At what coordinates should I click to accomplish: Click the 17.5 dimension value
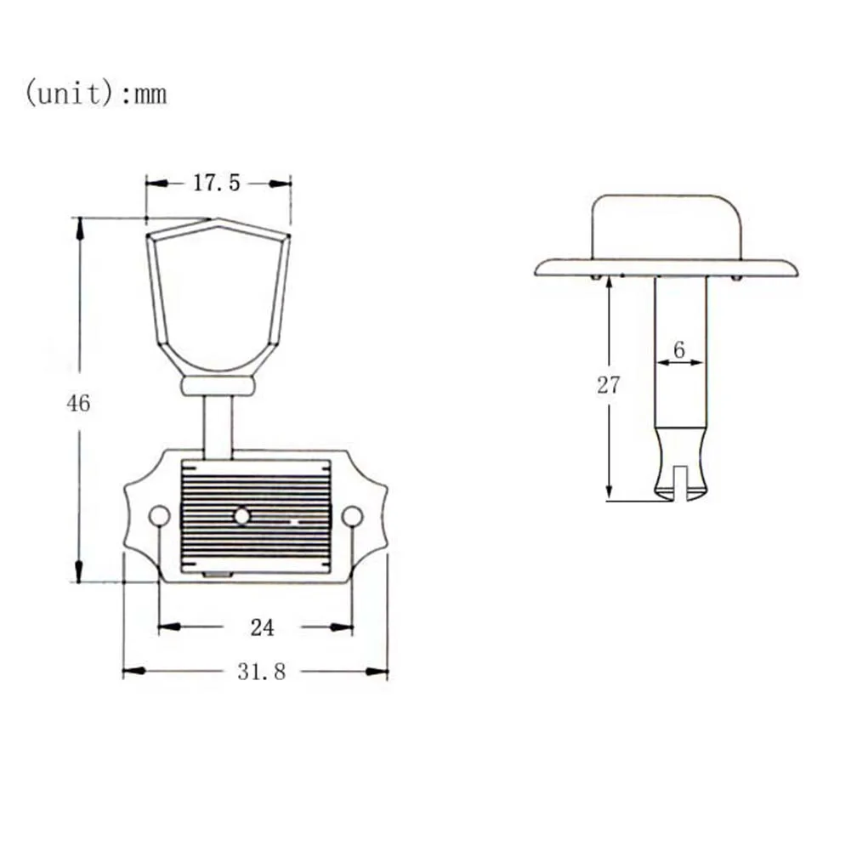pyautogui.click(x=217, y=183)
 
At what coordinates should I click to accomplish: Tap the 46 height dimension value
pyautogui.click(x=78, y=403)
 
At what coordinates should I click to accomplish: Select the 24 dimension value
pyautogui.click(x=262, y=627)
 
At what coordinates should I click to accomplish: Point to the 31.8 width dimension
pyautogui.click(x=261, y=672)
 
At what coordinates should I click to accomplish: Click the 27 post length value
pyautogui.click(x=609, y=385)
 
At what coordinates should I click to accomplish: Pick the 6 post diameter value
pyautogui.click(x=679, y=349)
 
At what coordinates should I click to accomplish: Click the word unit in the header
pyautogui.click(x=69, y=94)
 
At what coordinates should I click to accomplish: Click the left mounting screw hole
pyautogui.click(x=159, y=516)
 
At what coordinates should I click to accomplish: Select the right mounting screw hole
pyautogui.click(x=352, y=516)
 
